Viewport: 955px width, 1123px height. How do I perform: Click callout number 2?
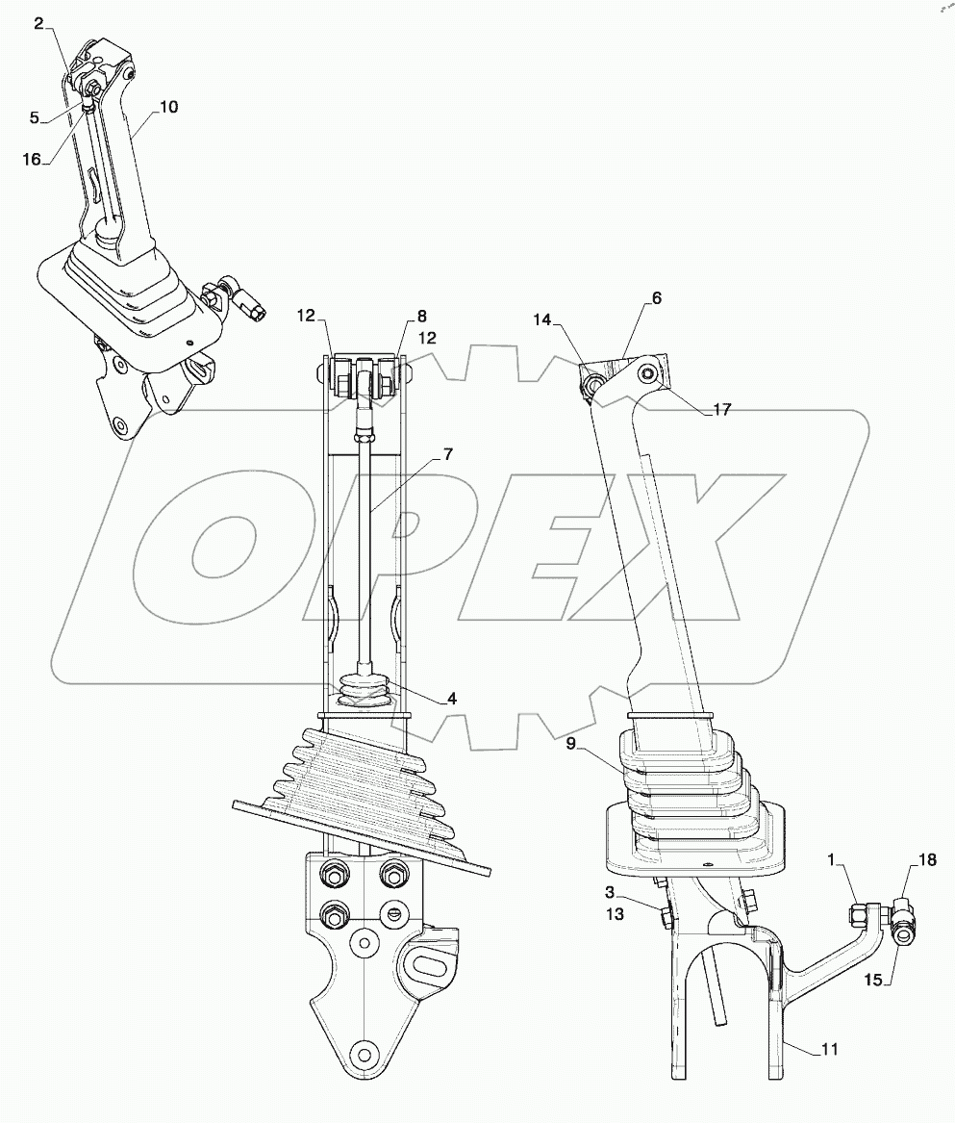click(x=39, y=23)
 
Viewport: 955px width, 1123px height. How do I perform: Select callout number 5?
click(x=35, y=118)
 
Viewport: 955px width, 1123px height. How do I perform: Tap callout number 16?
click(x=33, y=160)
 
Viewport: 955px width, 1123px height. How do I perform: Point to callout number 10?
click(x=167, y=107)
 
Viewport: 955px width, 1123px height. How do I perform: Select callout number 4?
click(x=451, y=699)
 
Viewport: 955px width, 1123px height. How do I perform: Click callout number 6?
click(x=657, y=298)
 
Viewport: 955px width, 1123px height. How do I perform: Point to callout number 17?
click(x=722, y=409)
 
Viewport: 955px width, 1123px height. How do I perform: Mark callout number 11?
click(x=829, y=1049)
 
